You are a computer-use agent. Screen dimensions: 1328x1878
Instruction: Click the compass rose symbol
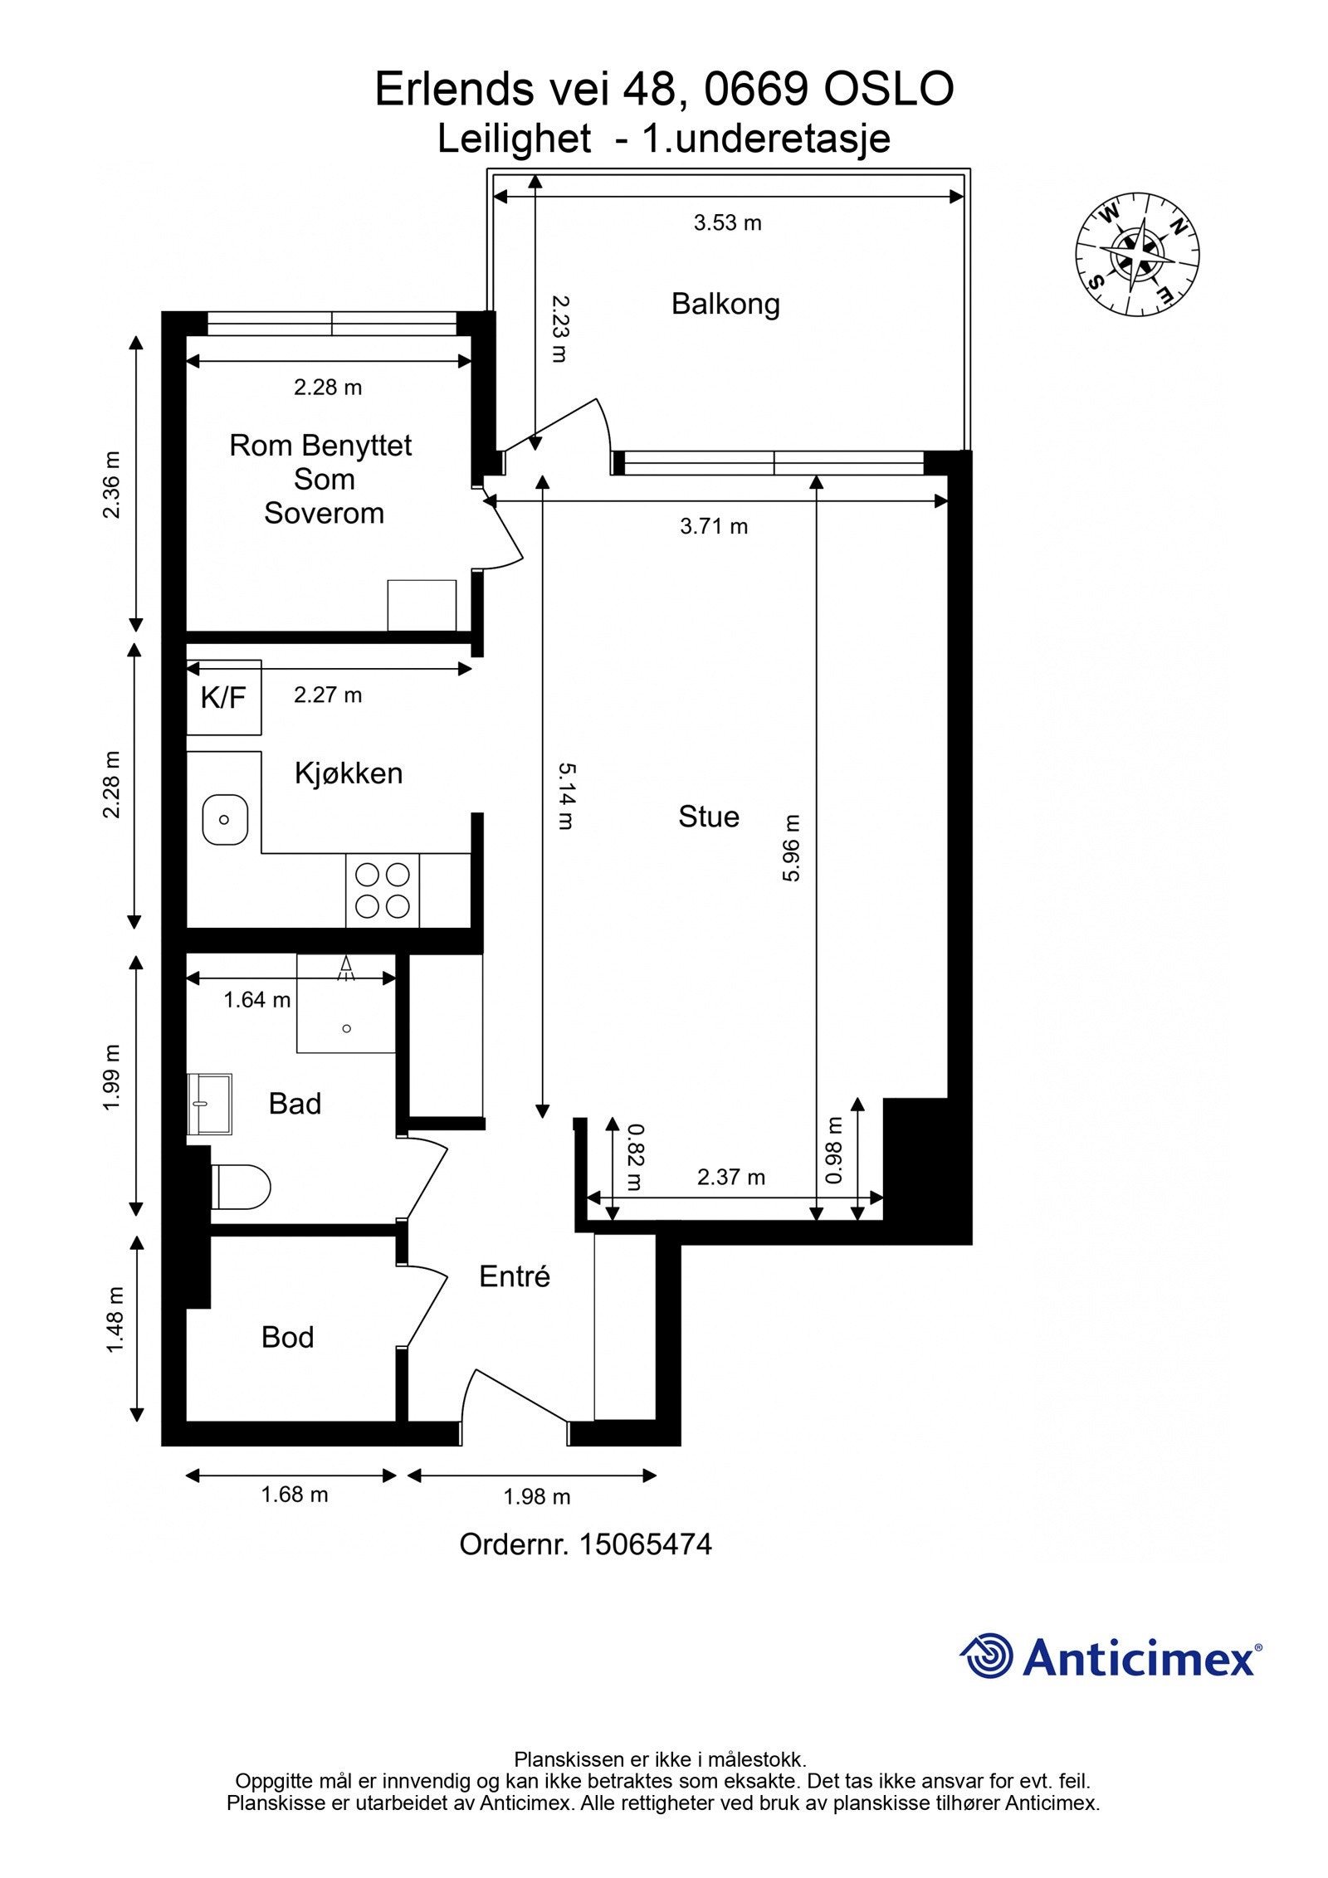click(x=1137, y=254)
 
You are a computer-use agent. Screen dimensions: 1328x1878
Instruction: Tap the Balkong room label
click(x=725, y=304)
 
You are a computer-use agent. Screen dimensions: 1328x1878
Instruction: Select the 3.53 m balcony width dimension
click(x=727, y=222)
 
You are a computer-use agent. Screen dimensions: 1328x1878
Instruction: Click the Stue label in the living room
click(x=708, y=817)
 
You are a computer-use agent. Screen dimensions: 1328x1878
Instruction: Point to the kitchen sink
click(x=225, y=819)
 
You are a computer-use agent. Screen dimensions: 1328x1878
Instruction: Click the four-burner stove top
click(x=383, y=890)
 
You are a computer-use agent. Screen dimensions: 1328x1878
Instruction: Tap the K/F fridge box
click(x=223, y=697)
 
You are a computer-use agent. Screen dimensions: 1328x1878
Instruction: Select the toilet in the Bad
click(x=241, y=1187)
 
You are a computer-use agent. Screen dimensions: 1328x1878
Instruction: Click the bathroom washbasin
click(x=209, y=1104)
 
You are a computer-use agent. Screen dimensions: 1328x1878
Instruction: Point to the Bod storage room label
click(x=287, y=1337)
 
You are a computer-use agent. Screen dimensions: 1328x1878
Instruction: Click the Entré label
click(x=515, y=1276)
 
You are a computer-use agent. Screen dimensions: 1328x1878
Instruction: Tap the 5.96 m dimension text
click(x=791, y=847)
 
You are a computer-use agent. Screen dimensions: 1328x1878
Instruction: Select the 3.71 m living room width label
click(x=714, y=526)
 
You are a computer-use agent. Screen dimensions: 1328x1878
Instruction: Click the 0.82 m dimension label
click(x=635, y=1157)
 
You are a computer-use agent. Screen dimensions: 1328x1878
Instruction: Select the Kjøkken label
click(x=349, y=773)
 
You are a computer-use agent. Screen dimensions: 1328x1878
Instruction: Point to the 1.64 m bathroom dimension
click(x=256, y=999)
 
